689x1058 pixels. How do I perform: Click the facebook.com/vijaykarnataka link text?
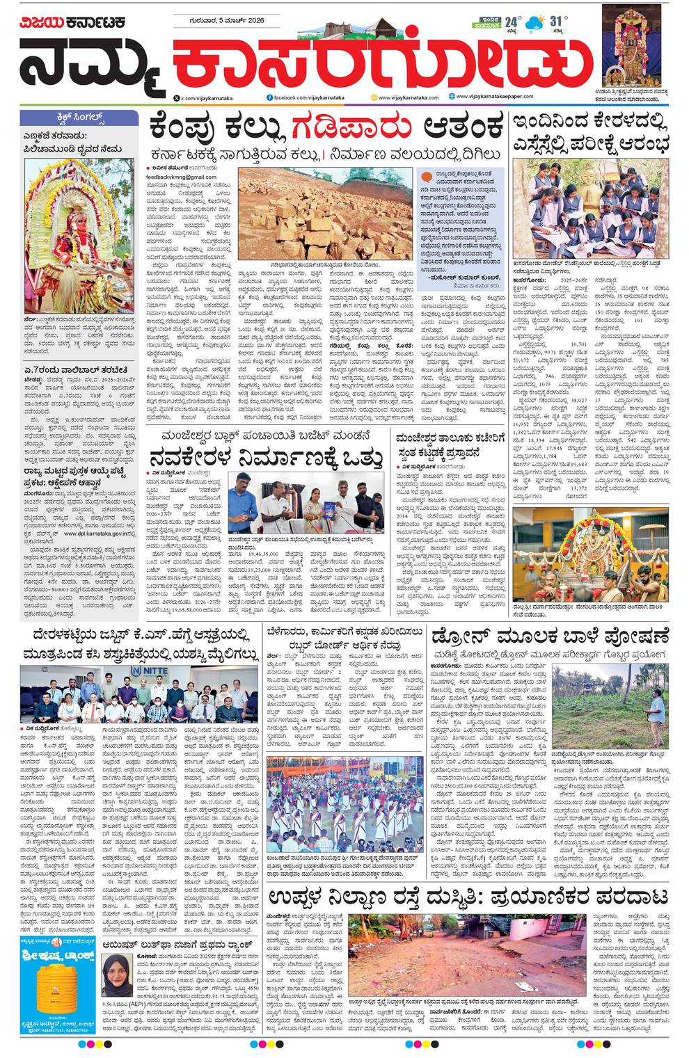click(305, 97)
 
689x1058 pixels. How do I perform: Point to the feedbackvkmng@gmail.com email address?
click(181, 177)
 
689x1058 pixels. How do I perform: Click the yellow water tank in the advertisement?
click(39, 997)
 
